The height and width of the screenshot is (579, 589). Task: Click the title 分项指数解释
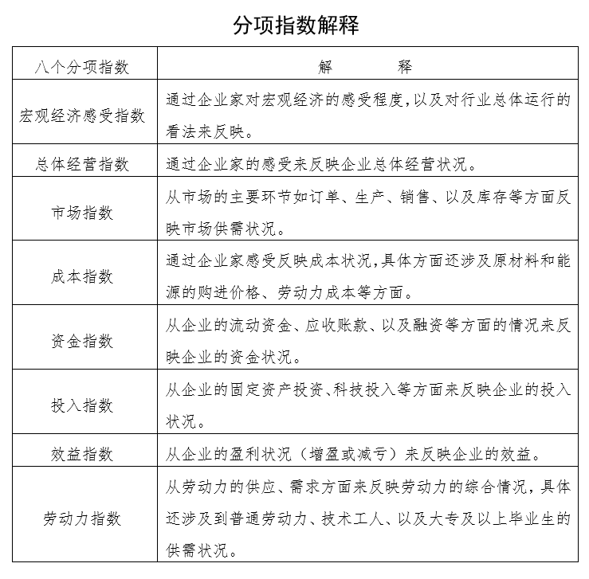click(x=295, y=25)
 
